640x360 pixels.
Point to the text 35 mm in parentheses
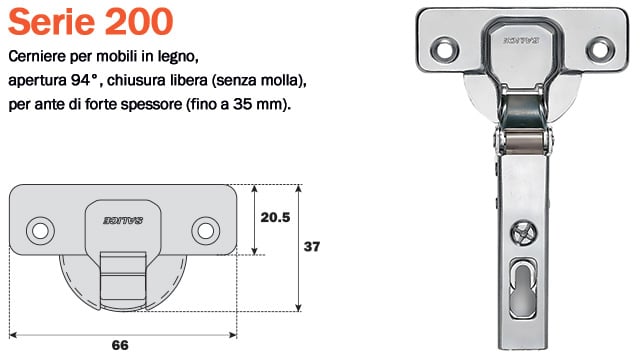click(x=259, y=104)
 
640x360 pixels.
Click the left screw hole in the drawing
click(x=40, y=229)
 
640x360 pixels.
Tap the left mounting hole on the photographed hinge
click(x=441, y=47)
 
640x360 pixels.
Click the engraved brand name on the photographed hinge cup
click(x=521, y=41)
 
